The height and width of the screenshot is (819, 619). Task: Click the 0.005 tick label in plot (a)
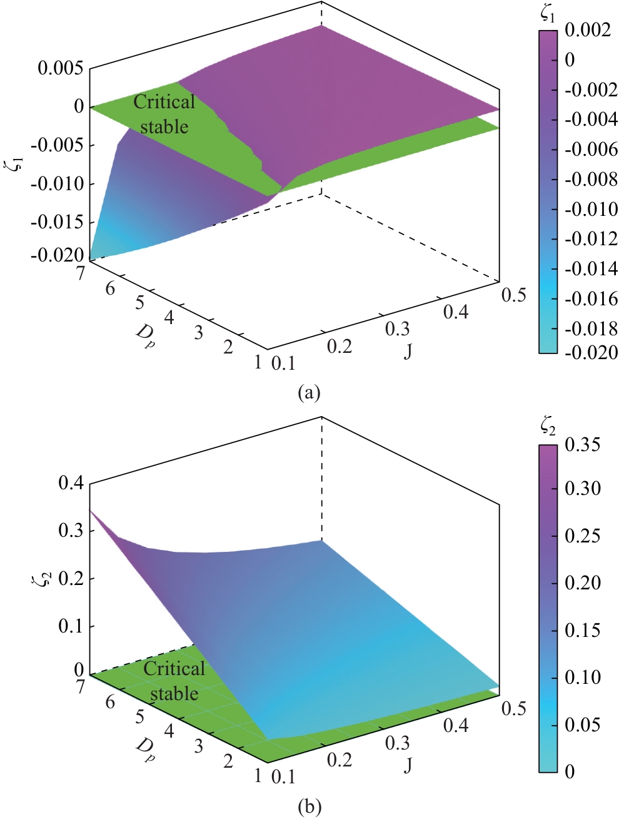point(60,68)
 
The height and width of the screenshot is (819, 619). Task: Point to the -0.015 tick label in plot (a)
point(56,222)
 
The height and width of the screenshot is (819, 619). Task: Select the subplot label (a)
point(309,392)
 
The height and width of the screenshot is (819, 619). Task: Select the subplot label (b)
point(309,807)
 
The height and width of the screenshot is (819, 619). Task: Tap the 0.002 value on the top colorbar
point(588,30)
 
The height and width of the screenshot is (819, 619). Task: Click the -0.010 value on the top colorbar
point(591,209)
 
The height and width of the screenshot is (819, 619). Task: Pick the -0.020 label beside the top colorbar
point(591,352)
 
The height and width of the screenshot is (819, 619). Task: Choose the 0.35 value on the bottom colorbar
point(582,444)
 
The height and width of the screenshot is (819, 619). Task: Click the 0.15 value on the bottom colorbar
point(582,630)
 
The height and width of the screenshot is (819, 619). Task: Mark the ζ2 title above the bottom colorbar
point(548,427)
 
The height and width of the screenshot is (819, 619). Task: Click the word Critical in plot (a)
point(164,102)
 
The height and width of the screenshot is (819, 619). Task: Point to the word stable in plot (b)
point(174,693)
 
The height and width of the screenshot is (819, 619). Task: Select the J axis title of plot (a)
point(408,352)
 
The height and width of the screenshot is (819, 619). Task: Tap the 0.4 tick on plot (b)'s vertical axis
point(71,483)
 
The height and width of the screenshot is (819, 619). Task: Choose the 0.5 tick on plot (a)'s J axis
point(514,295)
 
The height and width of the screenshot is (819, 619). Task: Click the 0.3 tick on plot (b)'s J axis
point(397,743)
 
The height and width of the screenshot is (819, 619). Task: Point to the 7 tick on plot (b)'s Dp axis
point(81,686)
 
